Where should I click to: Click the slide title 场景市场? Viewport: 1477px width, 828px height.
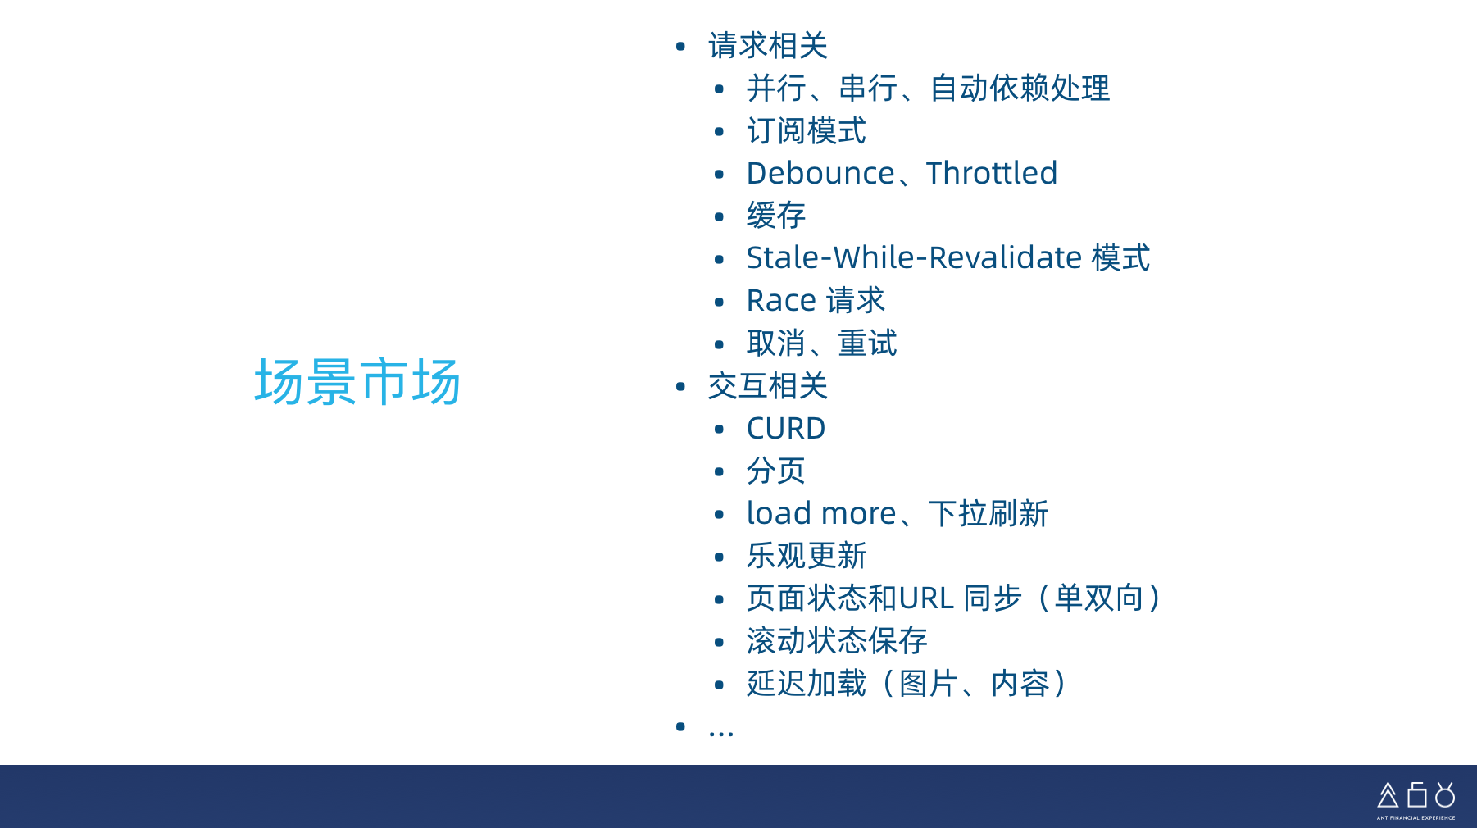click(x=357, y=382)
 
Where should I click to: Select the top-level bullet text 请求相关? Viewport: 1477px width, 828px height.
click(x=768, y=46)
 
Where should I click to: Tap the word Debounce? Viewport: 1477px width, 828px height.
click(x=820, y=173)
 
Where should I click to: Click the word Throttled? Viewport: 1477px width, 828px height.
click(x=992, y=173)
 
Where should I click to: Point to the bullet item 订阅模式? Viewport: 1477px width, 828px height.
click(x=807, y=131)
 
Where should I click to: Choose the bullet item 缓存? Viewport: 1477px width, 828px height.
click(x=776, y=216)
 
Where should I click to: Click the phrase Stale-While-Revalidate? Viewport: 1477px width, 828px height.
click(x=915, y=257)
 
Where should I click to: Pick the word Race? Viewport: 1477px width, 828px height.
click(x=781, y=301)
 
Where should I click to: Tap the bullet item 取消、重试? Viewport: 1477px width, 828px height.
click(x=822, y=343)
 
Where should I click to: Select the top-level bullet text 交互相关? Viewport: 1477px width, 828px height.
click(x=768, y=386)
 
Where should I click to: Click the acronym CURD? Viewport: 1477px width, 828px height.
click(x=786, y=429)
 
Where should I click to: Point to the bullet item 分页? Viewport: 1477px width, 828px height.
click(x=776, y=471)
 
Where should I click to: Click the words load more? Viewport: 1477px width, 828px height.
click(x=821, y=513)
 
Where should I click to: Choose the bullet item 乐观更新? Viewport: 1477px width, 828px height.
click(x=807, y=556)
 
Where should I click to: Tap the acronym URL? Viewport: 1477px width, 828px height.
click(x=926, y=598)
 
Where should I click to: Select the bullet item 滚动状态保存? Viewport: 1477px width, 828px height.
click(x=837, y=641)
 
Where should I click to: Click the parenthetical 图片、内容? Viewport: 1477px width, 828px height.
click(x=975, y=684)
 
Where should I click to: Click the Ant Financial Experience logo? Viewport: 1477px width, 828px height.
click(x=1416, y=799)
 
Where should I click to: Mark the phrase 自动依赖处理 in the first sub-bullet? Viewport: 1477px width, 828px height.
click(x=1020, y=89)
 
